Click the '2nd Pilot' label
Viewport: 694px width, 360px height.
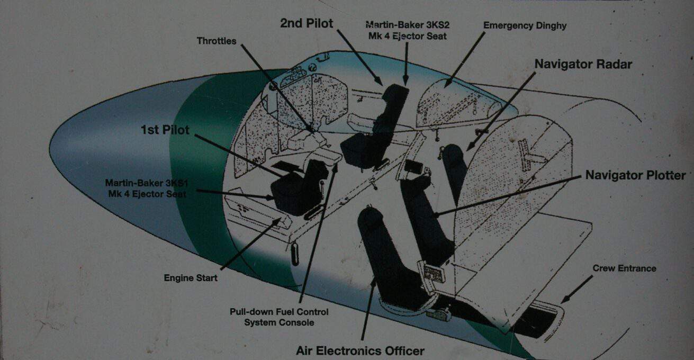coord(307,23)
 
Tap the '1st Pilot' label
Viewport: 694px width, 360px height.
coord(165,130)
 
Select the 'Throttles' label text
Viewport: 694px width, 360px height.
coord(217,41)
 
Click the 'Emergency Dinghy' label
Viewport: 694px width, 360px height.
coord(525,26)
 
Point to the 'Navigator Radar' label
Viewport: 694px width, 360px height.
coord(583,64)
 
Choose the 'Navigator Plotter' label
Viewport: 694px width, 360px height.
coord(635,175)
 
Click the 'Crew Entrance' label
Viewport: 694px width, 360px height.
coord(624,268)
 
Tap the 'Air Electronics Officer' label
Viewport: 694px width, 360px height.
coord(360,350)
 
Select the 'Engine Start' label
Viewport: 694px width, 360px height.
coord(190,278)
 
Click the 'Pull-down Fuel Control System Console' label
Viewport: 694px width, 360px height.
coord(279,317)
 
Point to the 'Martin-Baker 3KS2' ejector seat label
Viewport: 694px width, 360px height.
coord(408,30)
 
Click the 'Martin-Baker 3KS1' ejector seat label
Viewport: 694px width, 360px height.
coord(147,188)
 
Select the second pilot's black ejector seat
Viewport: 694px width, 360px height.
coord(375,127)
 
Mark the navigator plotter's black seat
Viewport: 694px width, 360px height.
coord(426,217)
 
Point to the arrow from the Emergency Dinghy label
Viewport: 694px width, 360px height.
coord(464,59)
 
